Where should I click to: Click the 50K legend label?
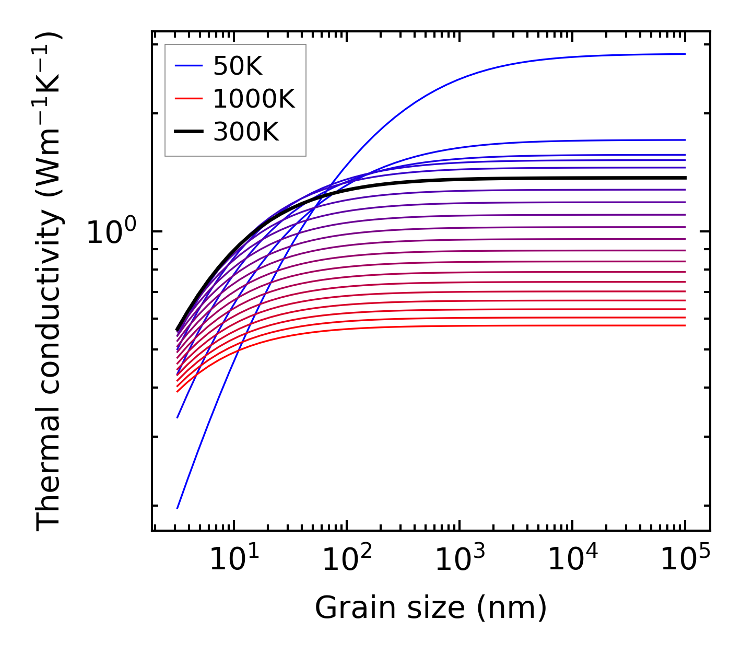click(238, 66)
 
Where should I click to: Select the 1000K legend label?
click(254, 99)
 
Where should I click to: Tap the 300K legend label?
click(246, 132)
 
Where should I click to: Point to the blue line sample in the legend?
click(189, 66)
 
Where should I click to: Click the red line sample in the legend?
click(189, 99)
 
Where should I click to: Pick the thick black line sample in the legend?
click(189, 132)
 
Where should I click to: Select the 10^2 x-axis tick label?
click(347, 560)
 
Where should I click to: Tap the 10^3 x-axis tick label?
click(460, 560)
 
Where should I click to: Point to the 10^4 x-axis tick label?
click(572, 560)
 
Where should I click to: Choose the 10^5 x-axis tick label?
click(685, 560)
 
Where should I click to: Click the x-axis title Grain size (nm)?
click(431, 609)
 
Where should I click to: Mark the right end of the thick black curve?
click(685, 178)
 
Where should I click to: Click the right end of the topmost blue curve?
click(685, 54)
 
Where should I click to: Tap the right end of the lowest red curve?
click(685, 325)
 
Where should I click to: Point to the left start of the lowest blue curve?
click(178, 508)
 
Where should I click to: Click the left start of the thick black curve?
click(178, 330)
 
